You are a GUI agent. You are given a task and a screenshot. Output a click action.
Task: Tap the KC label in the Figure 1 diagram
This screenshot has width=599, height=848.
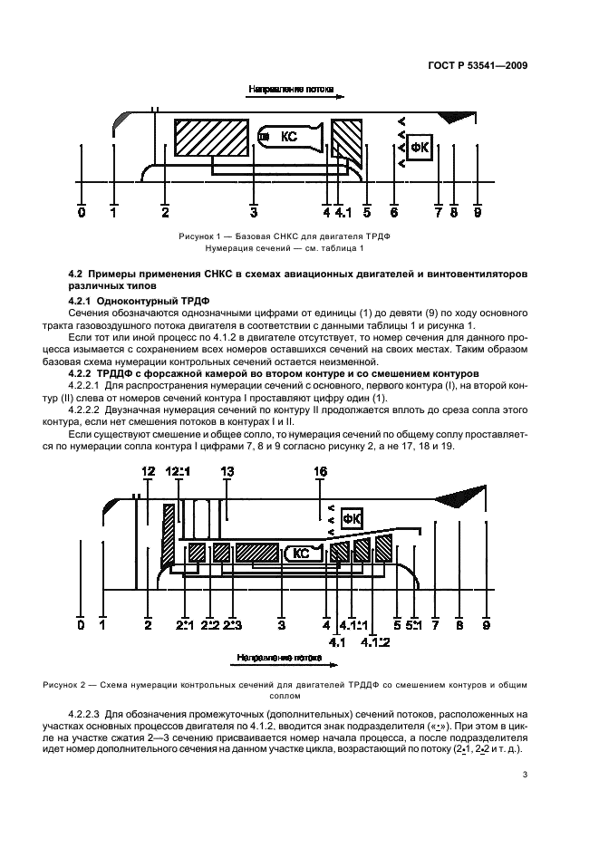point(289,137)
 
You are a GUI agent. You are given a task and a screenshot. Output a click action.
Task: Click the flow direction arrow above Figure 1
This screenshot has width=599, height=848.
point(289,91)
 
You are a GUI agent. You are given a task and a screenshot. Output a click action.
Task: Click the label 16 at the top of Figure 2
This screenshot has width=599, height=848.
point(320,471)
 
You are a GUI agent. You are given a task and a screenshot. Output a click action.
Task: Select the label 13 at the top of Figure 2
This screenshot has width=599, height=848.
point(227,471)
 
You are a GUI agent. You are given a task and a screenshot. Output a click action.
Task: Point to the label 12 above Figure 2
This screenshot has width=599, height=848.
point(149,471)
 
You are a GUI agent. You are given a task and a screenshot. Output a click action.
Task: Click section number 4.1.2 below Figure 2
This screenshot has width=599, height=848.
point(374,642)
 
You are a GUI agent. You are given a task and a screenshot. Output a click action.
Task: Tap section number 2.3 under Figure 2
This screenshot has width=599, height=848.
point(233,625)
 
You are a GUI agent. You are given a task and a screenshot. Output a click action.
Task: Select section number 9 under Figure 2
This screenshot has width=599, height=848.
point(487,625)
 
